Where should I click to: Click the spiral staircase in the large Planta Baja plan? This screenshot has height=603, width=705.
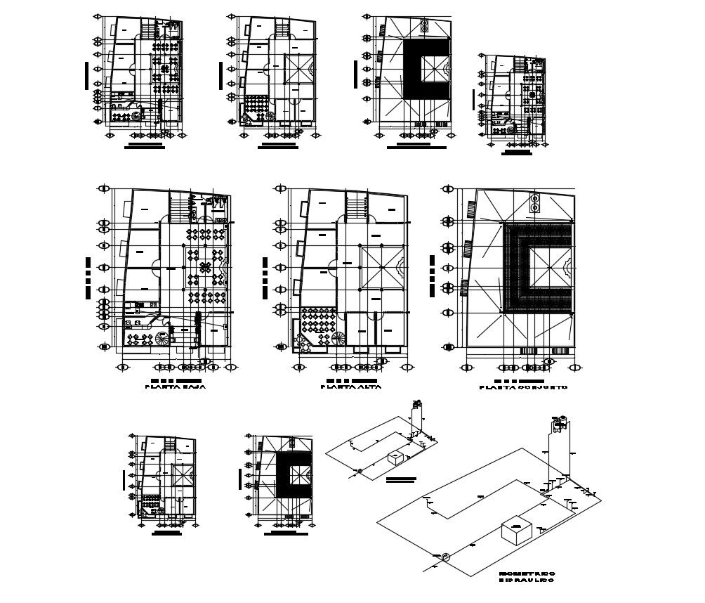coord(164,338)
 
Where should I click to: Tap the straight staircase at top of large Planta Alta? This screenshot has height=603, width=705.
coord(357,208)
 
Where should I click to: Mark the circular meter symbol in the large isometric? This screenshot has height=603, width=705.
coord(444,557)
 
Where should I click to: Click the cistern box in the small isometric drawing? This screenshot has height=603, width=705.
coord(397,458)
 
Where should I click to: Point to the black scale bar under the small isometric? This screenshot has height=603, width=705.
coord(401,479)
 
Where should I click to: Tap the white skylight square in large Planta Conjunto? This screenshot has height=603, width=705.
coord(548,268)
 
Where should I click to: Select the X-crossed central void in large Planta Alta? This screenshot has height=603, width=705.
coord(383,267)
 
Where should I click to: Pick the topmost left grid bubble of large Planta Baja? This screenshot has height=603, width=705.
coord(105,188)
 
